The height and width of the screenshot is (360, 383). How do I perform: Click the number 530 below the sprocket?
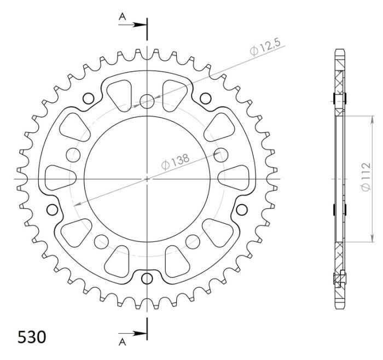point(32,336)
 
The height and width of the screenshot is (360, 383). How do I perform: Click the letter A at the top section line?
point(123,18)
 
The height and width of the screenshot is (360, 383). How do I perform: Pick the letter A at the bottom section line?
point(123,342)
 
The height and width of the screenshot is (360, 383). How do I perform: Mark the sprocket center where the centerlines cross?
point(147,179)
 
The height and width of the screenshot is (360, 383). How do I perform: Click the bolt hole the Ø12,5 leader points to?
point(147,101)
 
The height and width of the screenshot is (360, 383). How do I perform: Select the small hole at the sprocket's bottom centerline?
point(147,278)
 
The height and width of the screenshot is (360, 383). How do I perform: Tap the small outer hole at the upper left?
point(88,98)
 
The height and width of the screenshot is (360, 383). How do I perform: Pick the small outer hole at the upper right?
point(205,98)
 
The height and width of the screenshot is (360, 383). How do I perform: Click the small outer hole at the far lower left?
point(53,209)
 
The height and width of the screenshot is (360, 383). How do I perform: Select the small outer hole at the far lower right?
point(241,209)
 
